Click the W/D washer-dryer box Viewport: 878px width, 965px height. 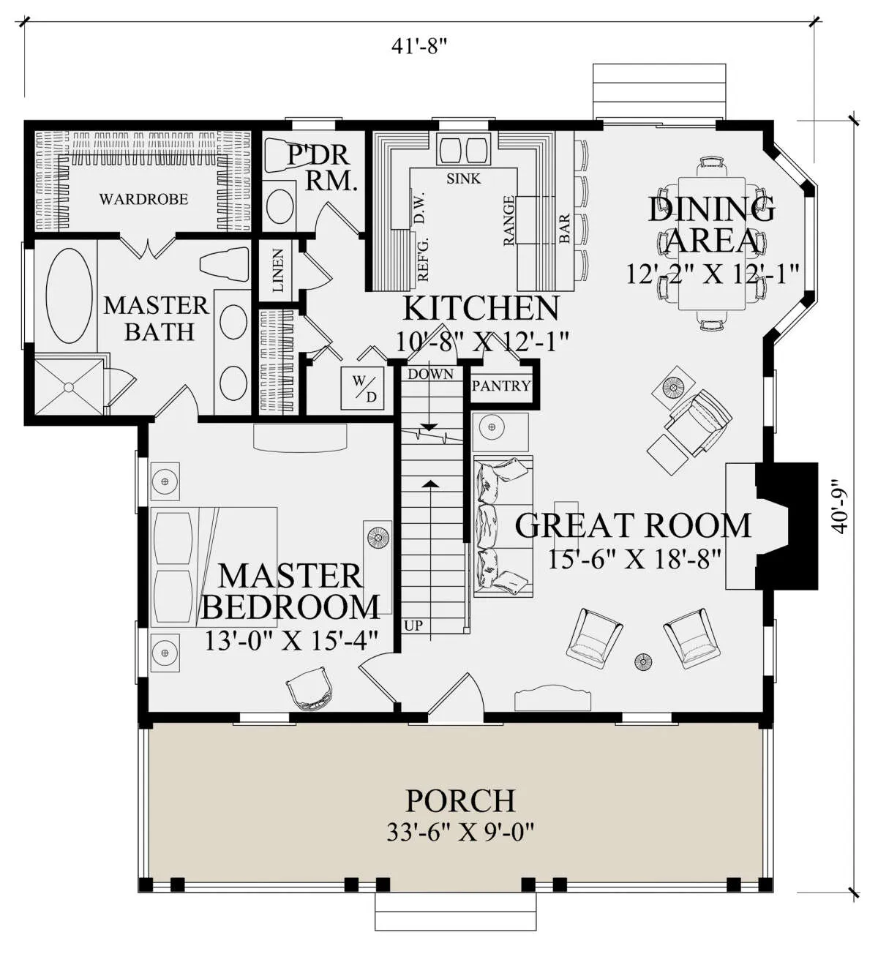pyautogui.click(x=362, y=388)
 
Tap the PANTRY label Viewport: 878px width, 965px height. pyautogui.click(x=501, y=386)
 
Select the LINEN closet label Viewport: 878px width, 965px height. pyautogui.click(x=277, y=271)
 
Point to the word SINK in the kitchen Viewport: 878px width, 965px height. pyautogui.click(x=463, y=179)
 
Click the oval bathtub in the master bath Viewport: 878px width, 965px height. pyautogui.click(x=70, y=296)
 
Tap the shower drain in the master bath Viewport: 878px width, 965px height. pyautogui.click(x=69, y=387)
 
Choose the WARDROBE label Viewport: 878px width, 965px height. pyautogui.click(x=143, y=199)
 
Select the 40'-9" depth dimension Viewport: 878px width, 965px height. pyautogui.click(x=840, y=506)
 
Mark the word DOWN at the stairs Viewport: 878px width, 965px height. pyautogui.click(x=430, y=374)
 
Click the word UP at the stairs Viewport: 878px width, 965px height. pyautogui.click(x=413, y=626)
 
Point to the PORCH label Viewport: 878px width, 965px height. pyautogui.click(x=460, y=800)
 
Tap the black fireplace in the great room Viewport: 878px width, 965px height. pyautogui.click(x=787, y=526)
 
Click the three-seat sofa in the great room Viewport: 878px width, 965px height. pyautogui.click(x=503, y=526)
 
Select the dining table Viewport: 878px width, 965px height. pyautogui.click(x=711, y=244)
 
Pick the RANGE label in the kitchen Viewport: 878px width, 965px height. pyautogui.click(x=509, y=221)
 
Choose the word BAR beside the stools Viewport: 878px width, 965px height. pyautogui.click(x=564, y=228)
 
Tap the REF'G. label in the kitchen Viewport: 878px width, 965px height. pyautogui.click(x=423, y=258)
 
